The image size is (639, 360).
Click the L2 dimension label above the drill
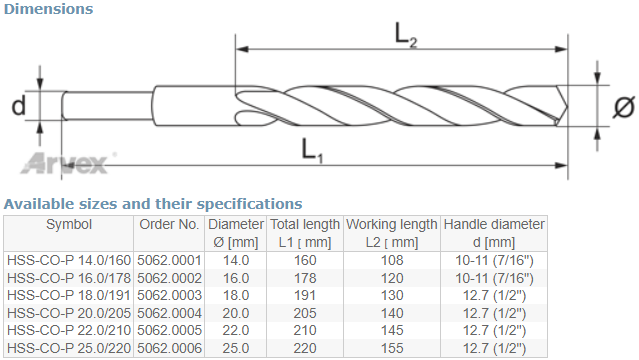(406, 35)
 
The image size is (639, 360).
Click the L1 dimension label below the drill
(312, 150)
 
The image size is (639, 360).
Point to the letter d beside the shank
(18, 105)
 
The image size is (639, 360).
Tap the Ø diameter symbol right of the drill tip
(624, 107)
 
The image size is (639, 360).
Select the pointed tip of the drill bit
(567, 107)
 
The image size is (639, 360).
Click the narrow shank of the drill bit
(108, 106)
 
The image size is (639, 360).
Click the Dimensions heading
(48, 9)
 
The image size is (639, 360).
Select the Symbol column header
(69, 224)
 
